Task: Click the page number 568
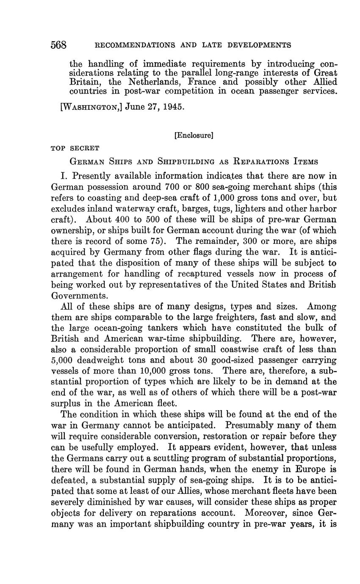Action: pyautogui.click(x=59, y=45)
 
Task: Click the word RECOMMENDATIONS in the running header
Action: pyautogui.click(x=132, y=45)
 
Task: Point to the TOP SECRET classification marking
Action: pyautogui.click(x=75, y=148)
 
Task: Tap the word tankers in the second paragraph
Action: pyautogui.click(x=145, y=328)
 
